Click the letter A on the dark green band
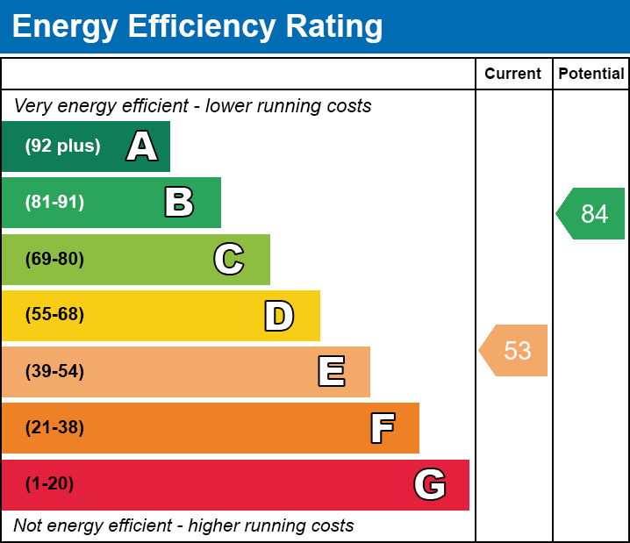(x=142, y=146)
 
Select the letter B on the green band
(x=179, y=203)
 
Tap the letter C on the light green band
(x=229, y=259)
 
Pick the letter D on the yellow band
(x=279, y=316)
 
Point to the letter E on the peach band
(x=331, y=372)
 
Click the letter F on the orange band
(x=382, y=428)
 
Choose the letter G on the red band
(x=430, y=484)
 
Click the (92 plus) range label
(x=62, y=146)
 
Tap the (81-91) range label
(x=54, y=203)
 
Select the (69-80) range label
(x=54, y=259)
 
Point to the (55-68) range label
(x=54, y=315)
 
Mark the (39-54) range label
(x=54, y=372)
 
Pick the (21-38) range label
(x=54, y=428)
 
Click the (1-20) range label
(x=50, y=484)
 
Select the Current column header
(x=513, y=75)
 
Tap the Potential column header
(x=591, y=75)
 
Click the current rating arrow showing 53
(x=515, y=351)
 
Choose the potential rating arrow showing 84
(x=592, y=213)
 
